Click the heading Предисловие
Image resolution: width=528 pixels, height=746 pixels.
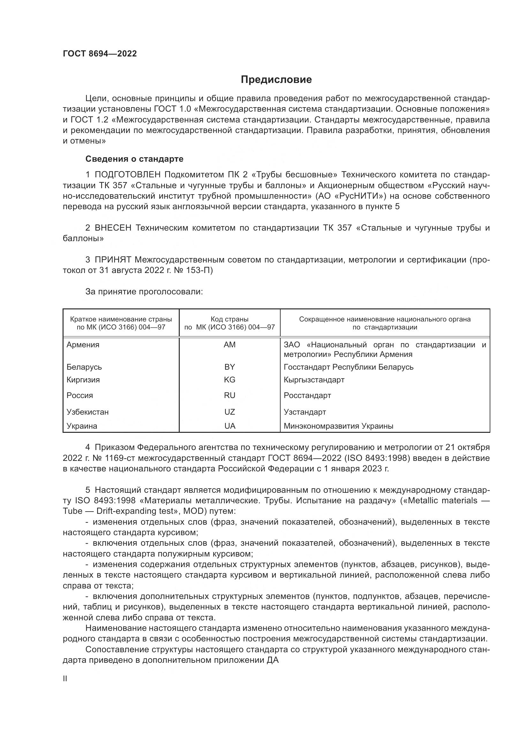point(276,80)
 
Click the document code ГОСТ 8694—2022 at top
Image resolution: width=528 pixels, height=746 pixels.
point(100,54)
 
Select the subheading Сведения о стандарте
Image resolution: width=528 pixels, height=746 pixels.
point(134,159)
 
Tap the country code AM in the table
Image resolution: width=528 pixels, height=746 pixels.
point(230,345)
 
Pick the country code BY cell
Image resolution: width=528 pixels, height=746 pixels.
point(230,367)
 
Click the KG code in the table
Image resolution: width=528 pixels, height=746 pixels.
point(230,380)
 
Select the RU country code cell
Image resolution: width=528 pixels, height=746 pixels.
point(230,395)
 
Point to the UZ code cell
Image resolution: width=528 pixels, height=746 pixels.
point(230,412)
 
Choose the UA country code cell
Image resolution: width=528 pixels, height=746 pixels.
point(230,426)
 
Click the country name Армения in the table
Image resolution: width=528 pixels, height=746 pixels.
point(83,345)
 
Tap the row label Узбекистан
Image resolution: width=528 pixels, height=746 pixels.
point(87,412)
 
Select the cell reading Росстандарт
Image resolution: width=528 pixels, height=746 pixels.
point(307,395)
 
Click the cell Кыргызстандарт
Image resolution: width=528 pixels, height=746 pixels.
point(314,380)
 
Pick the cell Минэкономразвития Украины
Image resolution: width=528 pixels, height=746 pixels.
point(338,426)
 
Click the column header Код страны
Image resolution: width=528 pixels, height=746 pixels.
point(230,319)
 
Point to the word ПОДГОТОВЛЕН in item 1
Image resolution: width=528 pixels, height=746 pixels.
point(127,175)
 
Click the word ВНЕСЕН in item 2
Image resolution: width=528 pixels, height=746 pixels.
point(113,228)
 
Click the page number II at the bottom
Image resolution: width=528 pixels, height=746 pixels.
point(65,679)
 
